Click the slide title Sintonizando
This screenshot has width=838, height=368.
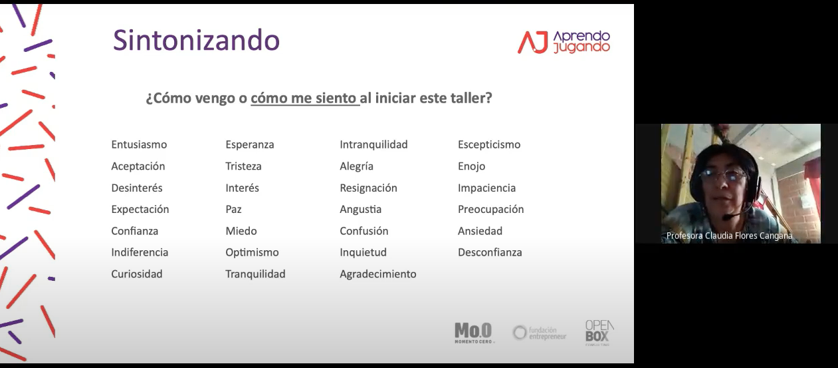tap(197, 40)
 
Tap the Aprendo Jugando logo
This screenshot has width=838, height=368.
tap(564, 42)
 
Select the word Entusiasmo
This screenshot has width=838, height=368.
tap(139, 144)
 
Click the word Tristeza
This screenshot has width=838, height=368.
tap(243, 166)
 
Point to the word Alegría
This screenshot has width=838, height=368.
tap(356, 166)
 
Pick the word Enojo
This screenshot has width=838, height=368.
tap(471, 166)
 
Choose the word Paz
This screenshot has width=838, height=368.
tap(233, 209)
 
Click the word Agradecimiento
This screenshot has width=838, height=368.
tap(378, 274)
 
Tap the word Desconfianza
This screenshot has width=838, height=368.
tap(490, 253)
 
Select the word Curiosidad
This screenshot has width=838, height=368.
tap(136, 274)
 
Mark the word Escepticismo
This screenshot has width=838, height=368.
tap(489, 144)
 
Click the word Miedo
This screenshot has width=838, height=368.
tap(241, 231)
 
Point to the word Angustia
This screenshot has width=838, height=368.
tap(361, 210)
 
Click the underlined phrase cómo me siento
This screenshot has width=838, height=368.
tap(304, 98)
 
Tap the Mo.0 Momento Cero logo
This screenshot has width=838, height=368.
tap(474, 333)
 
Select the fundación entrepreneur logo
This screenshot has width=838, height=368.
tap(539, 333)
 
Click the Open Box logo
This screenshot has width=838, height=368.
tap(599, 333)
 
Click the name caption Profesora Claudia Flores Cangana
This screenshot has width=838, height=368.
tap(729, 236)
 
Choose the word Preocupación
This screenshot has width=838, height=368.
tap(490, 210)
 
